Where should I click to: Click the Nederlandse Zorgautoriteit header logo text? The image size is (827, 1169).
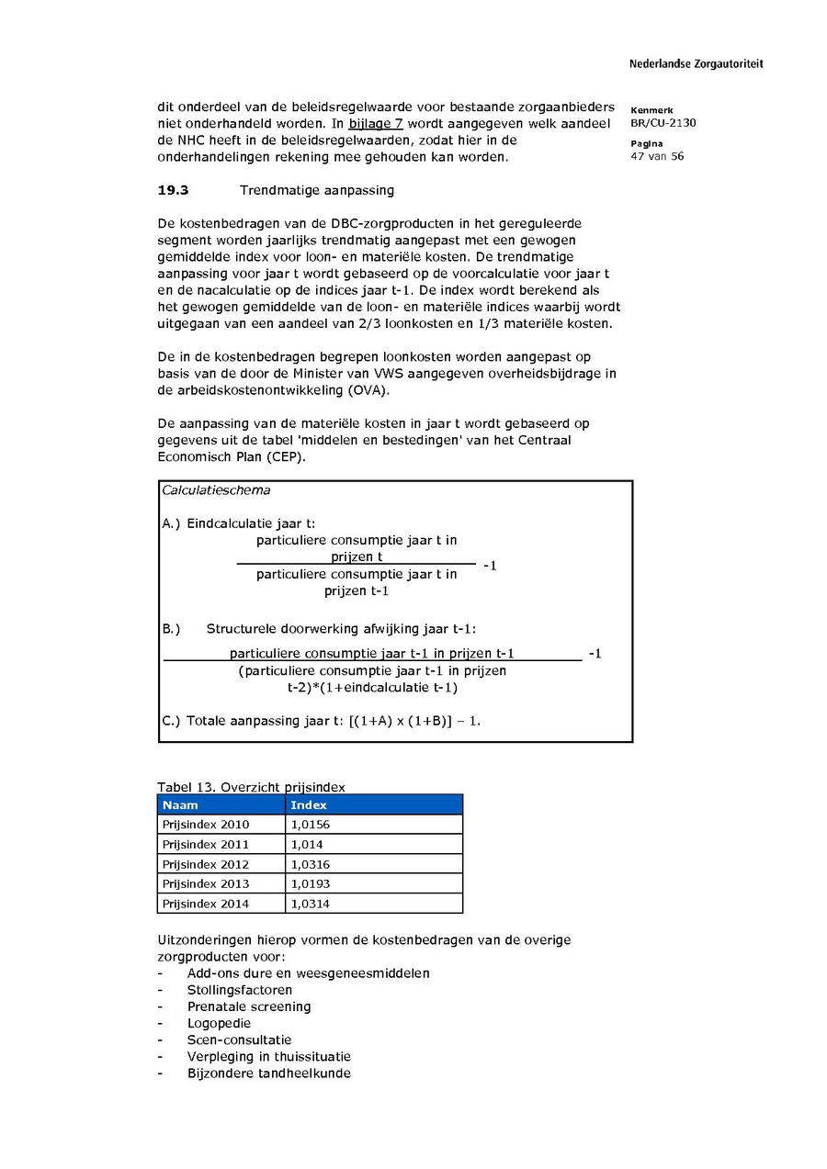point(696,64)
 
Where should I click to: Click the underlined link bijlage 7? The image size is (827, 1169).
point(376,124)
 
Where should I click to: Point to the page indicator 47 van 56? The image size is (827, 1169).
point(657,156)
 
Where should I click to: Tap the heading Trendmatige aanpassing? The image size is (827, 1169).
point(316,191)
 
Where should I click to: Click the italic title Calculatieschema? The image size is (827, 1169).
point(216,490)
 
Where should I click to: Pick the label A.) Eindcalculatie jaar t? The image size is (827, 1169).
point(239,523)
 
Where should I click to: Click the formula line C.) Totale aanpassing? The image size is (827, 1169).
point(321,721)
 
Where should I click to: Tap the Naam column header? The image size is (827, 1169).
point(180,805)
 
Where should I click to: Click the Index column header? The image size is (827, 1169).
point(309,805)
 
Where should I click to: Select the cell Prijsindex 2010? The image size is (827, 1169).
point(206,825)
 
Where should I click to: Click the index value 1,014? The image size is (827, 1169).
point(307,844)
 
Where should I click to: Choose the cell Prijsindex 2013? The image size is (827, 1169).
point(206,883)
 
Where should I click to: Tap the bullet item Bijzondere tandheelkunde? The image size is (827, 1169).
point(268,1073)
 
